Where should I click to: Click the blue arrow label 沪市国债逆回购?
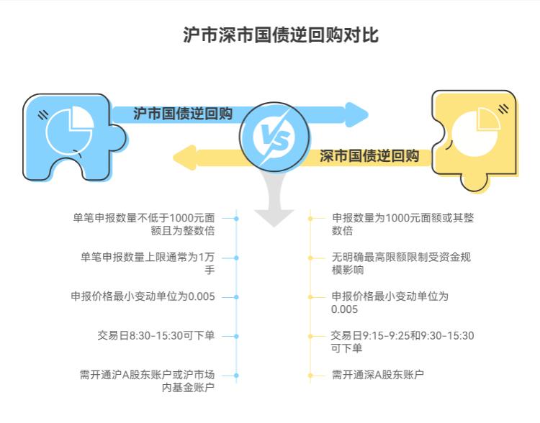point(183,114)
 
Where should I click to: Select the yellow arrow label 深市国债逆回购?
point(369,156)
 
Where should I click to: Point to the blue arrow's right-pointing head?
point(356,114)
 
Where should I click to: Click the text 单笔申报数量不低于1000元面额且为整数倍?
point(144,224)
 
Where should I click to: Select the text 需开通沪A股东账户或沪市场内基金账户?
point(148,381)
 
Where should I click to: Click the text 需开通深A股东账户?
point(378,375)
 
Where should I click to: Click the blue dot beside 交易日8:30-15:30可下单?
point(236,336)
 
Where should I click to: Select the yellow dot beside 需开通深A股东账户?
point(310,375)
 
